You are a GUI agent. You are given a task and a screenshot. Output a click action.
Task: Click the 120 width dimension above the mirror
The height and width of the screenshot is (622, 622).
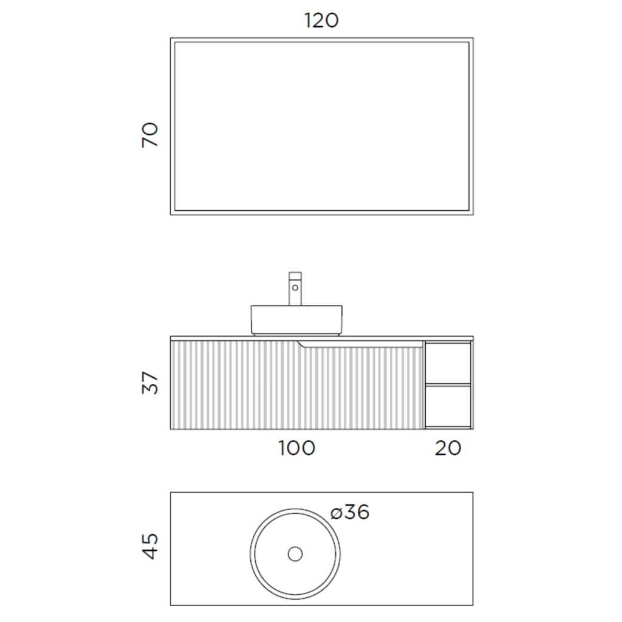(321, 20)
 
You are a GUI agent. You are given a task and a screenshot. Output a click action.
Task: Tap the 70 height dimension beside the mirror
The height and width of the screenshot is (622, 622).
(150, 135)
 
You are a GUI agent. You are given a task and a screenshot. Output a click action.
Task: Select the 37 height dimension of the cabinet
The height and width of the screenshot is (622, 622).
(150, 383)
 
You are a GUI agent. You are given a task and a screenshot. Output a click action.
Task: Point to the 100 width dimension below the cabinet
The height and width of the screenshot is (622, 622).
(296, 448)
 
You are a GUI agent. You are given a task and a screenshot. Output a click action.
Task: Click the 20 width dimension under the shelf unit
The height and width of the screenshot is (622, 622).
(448, 448)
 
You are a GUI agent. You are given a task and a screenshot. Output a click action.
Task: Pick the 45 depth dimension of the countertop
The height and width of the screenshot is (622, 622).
(150, 547)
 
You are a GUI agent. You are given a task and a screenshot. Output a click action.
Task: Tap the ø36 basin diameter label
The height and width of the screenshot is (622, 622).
(350, 511)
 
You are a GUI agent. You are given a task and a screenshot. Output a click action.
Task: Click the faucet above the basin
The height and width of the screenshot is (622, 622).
(295, 289)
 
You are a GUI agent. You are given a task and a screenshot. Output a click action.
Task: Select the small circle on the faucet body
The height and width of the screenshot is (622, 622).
(295, 287)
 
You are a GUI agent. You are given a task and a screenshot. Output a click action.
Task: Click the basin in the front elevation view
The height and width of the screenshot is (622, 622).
(296, 320)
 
